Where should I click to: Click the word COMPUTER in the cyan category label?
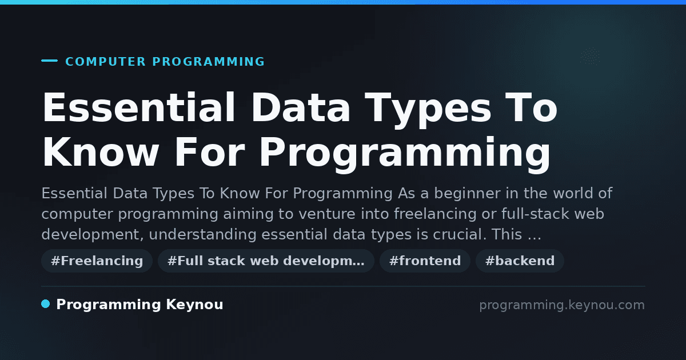click(x=105, y=62)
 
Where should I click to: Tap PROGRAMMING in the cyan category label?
click(x=209, y=62)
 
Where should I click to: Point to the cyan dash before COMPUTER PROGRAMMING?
click(x=49, y=61)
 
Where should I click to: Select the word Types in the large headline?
click(x=428, y=110)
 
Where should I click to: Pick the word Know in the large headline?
click(x=101, y=152)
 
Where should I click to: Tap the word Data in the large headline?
click(x=301, y=107)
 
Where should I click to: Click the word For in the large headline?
click(x=210, y=152)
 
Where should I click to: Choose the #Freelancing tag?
click(x=97, y=261)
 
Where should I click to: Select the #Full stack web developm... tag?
click(x=266, y=261)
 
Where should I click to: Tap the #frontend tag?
click(x=425, y=261)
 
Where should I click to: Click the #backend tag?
click(x=520, y=261)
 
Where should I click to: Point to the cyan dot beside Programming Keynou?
click(x=45, y=304)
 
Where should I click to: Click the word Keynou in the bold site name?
click(x=194, y=304)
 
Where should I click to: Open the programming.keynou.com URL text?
click(x=562, y=305)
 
